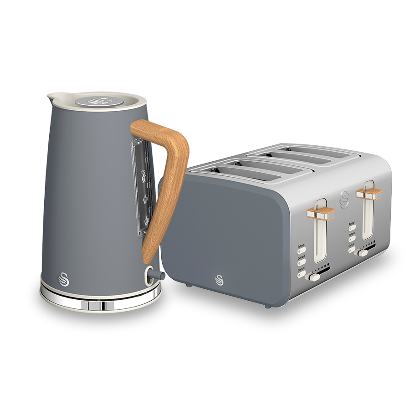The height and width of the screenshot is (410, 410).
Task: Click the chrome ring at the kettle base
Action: click(100, 305)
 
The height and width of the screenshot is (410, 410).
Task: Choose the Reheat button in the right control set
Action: click(353, 229)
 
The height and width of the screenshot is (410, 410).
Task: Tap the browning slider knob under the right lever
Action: click(362, 252)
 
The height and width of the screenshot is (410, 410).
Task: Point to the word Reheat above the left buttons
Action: click(302, 246)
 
